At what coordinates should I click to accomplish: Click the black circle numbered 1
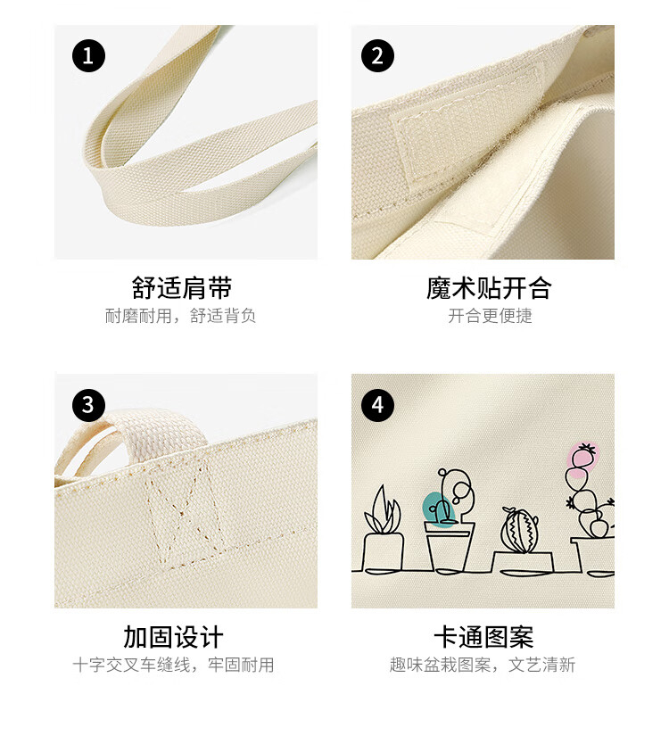(x=88, y=56)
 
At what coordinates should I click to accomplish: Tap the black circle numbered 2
(x=377, y=56)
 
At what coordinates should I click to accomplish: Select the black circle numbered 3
(x=88, y=405)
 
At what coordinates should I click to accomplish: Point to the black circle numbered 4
(x=377, y=405)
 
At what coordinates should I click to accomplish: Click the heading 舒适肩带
(x=182, y=288)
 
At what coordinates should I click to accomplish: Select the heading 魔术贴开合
(x=489, y=288)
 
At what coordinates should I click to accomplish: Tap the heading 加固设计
(x=173, y=637)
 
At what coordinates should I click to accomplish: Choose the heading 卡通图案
(x=484, y=637)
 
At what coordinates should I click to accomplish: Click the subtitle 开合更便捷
(x=490, y=316)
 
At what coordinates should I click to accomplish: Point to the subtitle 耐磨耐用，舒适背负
(x=180, y=316)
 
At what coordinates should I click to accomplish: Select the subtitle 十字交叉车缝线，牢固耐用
(x=173, y=665)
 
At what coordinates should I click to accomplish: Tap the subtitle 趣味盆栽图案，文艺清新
(x=483, y=665)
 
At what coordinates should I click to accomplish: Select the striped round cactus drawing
(x=520, y=530)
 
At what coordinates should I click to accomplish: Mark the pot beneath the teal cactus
(x=449, y=546)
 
